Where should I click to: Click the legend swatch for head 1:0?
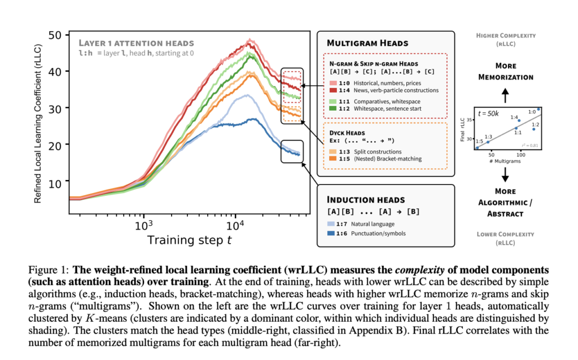pos(333,84)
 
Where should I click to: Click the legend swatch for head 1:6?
pos(333,233)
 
